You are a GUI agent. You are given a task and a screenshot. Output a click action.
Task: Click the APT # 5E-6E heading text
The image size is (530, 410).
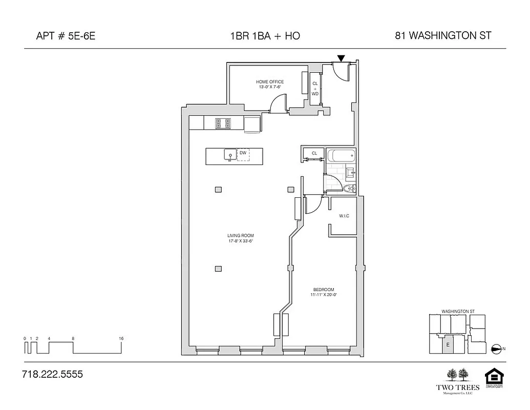(66, 36)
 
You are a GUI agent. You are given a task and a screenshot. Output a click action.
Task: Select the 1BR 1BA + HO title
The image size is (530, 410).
(265, 36)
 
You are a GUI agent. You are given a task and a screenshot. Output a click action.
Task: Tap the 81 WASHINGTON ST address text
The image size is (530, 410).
(443, 36)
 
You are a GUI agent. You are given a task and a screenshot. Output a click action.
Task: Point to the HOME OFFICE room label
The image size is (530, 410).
(270, 82)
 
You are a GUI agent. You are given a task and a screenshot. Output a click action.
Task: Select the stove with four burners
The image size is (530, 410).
(223, 124)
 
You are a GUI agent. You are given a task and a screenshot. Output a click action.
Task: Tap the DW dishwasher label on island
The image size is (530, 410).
(243, 153)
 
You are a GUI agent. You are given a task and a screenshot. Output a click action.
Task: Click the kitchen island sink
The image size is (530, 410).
(229, 154)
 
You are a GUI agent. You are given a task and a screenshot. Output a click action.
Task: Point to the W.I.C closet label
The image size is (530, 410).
(344, 216)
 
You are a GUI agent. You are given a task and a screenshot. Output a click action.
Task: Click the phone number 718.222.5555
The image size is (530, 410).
(52, 375)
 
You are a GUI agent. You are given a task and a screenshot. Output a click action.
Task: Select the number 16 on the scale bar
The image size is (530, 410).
(121, 339)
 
